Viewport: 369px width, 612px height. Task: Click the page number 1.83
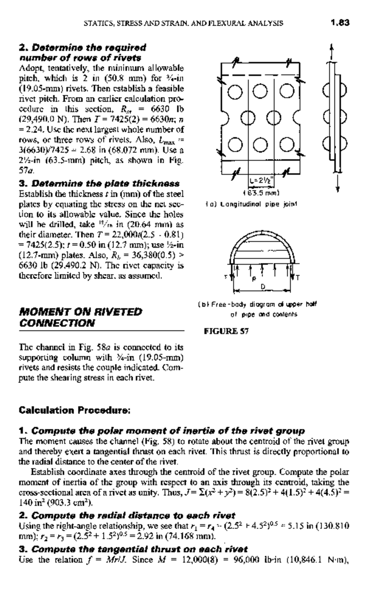pos(340,23)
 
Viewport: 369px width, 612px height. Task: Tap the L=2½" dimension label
pos(260,181)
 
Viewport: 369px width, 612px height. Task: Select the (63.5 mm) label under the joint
pos(261,193)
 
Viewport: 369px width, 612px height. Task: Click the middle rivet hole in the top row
pos(260,91)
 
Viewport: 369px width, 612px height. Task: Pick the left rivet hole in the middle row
pos(247,117)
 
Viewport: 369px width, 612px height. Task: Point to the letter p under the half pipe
pos(254,279)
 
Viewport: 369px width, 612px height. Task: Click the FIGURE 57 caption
pos(226,331)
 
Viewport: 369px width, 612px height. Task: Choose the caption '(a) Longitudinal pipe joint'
pos(251,204)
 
